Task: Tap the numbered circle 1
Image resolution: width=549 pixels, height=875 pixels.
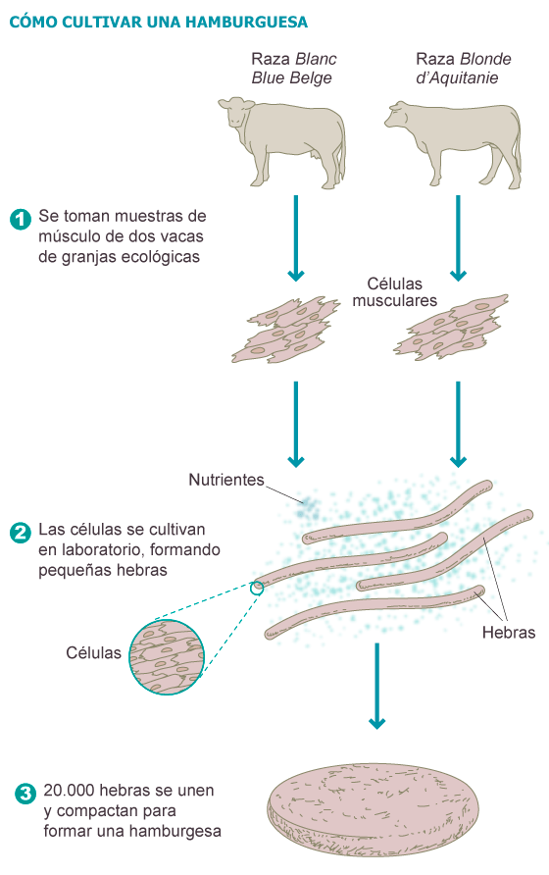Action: click(21, 218)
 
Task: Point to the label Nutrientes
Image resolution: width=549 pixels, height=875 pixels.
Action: click(226, 480)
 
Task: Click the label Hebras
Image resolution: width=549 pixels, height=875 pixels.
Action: click(509, 633)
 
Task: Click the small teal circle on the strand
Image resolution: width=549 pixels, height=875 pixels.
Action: click(258, 588)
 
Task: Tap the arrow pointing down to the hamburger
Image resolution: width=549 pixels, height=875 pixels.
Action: click(375, 687)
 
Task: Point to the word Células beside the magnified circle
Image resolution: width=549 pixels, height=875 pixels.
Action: click(94, 652)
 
